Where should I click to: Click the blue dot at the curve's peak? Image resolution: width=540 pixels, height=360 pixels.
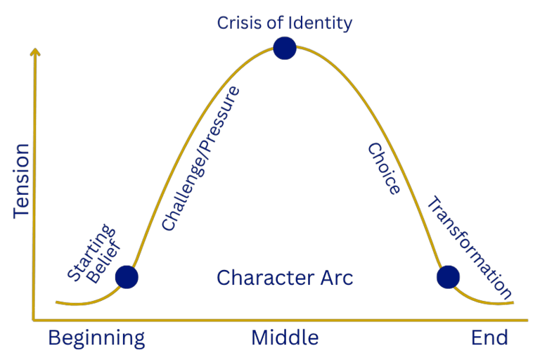[284, 48]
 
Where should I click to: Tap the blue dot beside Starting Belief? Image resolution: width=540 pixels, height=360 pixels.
[127, 277]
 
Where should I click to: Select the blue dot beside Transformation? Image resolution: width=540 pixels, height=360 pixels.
[448, 277]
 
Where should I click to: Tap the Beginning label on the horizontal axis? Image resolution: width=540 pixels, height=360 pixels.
[96, 338]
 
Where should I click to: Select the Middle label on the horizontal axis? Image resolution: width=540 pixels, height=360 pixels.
[285, 338]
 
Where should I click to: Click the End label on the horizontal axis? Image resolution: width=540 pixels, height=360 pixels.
[489, 338]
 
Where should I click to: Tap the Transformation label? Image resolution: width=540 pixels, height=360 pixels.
[468, 246]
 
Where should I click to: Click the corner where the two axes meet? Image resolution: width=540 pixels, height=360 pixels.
[34, 321]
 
